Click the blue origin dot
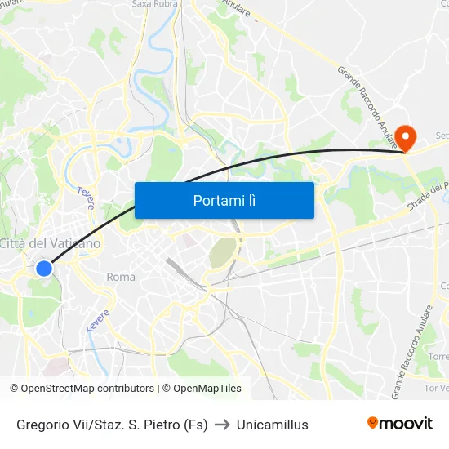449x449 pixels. [44, 268]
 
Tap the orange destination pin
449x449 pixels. [406, 136]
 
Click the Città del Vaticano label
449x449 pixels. [50, 243]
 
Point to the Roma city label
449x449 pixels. [121, 277]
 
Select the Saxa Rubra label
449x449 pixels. [154, 4]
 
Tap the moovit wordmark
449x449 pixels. [407, 424]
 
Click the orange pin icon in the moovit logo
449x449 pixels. [373, 423]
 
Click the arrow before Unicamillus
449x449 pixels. [222, 425]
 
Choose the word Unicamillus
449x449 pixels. [273, 425]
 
